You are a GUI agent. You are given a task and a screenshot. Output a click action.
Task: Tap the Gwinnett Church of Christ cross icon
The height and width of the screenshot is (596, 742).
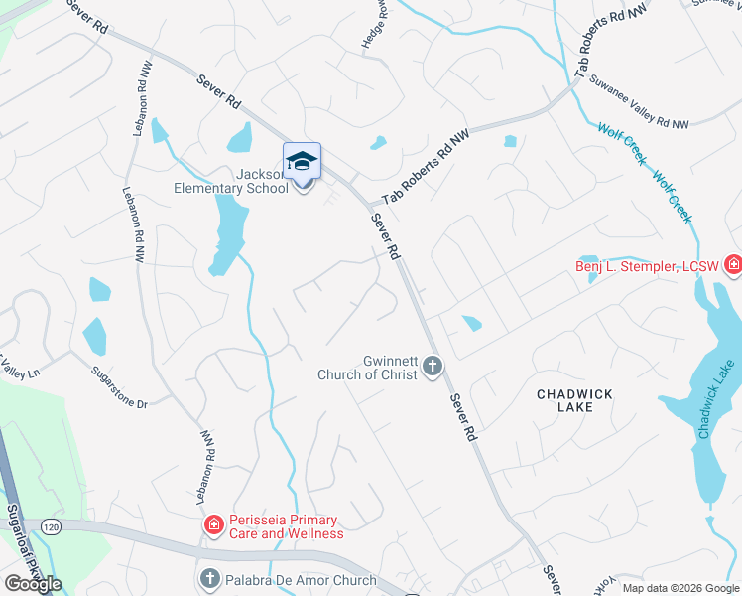(432, 367)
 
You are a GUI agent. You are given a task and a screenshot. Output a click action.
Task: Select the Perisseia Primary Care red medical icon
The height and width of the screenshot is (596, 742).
(212, 525)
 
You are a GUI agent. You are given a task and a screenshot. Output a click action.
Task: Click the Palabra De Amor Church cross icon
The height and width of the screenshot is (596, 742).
(209, 578)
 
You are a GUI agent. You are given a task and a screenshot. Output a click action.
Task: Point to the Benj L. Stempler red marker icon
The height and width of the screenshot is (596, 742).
(732, 264)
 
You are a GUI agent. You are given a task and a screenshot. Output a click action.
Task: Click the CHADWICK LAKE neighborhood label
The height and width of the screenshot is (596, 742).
(574, 400)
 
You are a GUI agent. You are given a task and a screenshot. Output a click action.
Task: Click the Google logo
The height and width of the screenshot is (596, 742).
(33, 584)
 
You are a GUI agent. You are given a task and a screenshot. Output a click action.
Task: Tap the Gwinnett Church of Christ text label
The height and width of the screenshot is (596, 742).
(366, 368)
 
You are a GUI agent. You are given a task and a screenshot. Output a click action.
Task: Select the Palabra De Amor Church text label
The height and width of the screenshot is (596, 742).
(300, 580)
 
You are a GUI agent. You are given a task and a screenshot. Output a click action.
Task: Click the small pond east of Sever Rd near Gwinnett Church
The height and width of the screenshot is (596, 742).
(471, 323)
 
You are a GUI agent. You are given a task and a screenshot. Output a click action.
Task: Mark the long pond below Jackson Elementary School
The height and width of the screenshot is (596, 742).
(227, 232)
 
